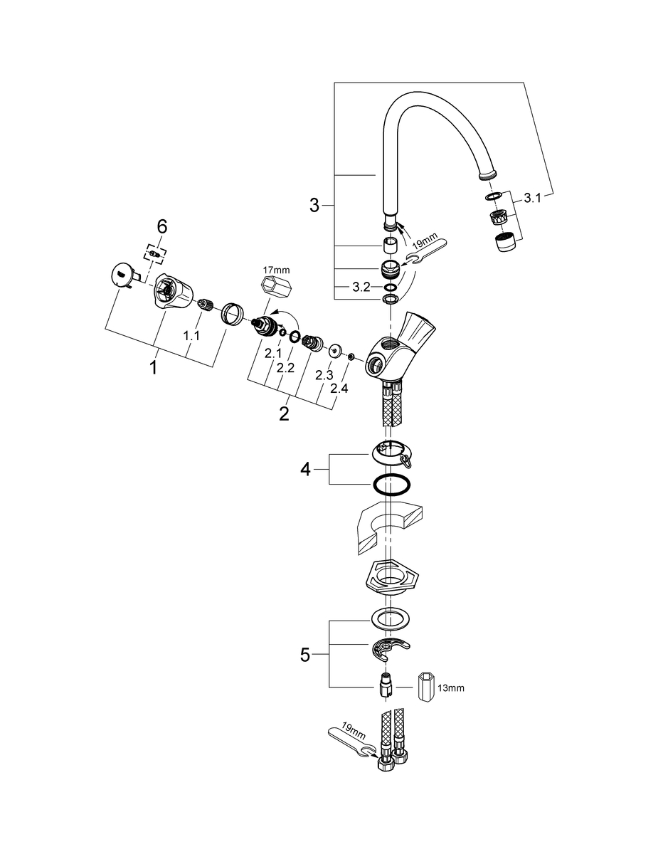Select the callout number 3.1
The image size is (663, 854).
point(533,199)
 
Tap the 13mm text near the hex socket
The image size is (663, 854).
point(451,688)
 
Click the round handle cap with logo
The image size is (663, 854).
point(122,275)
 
